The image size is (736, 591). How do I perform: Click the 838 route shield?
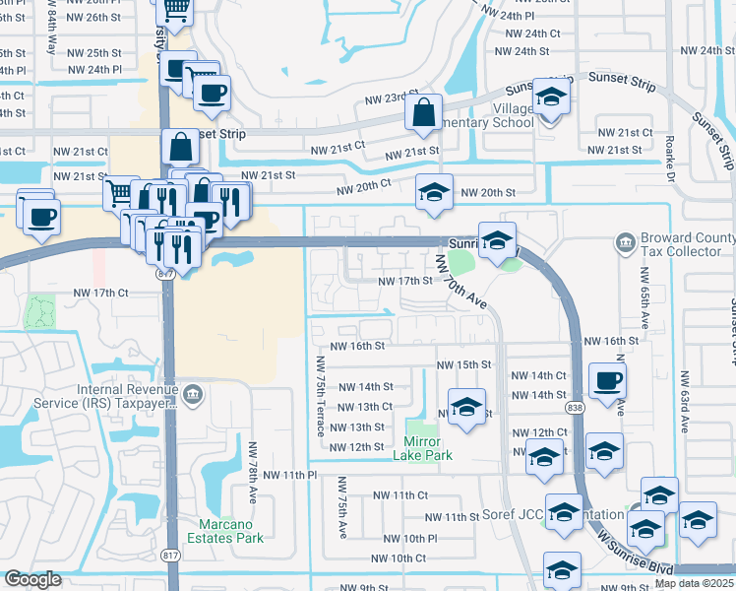pos(574,407)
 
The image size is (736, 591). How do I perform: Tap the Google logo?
pos(32,579)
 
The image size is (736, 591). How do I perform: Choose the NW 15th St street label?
pos(463,364)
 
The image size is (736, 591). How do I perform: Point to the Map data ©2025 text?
pos(694,583)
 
